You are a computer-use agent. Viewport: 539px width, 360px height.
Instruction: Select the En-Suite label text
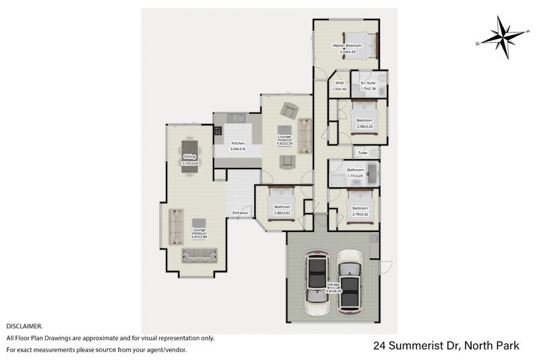[368, 82]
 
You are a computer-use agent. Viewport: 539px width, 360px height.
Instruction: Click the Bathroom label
[355, 169]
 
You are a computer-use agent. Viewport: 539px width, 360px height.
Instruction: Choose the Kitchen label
[238, 143]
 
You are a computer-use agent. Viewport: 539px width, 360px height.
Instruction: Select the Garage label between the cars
[333, 284]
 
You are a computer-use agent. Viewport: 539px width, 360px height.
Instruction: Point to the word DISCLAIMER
[25, 326]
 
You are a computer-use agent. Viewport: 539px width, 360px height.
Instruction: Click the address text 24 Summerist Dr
[412, 346]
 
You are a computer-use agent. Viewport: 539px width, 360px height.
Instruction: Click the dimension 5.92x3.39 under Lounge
[284, 143]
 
